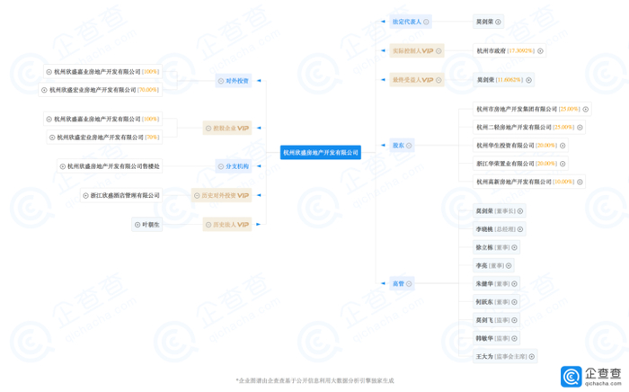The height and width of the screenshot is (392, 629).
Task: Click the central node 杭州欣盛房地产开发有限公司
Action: pyautogui.click(x=321, y=153)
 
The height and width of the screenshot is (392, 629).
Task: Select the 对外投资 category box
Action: pyautogui.click(x=232, y=81)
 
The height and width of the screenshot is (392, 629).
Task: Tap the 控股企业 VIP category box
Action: pyautogui.click(x=226, y=128)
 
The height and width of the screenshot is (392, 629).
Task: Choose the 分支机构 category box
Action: pyautogui.click(x=232, y=166)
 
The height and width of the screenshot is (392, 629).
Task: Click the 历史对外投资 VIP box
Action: pyautogui.click(x=221, y=195)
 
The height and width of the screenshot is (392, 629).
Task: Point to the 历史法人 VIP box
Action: pyautogui.click(x=226, y=225)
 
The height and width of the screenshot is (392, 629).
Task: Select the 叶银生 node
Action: pyautogui.click(x=147, y=225)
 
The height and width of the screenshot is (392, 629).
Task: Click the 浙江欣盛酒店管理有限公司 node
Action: pyautogui.click(x=126, y=195)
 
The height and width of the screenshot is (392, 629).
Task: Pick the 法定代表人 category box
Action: pyautogui.click(x=411, y=22)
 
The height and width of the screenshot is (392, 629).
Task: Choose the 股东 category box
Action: pyautogui.click(x=400, y=145)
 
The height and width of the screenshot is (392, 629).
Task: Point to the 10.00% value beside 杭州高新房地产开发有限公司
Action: pyautogui.click(x=563, y=183)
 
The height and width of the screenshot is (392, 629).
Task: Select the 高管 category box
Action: pyautogui.click(x=400, y=284)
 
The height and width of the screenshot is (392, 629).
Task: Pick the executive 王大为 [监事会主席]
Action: pyautogui.click(x=504, y=357)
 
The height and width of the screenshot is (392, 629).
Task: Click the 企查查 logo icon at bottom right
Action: pyautogui.click(x=572, y=375)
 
